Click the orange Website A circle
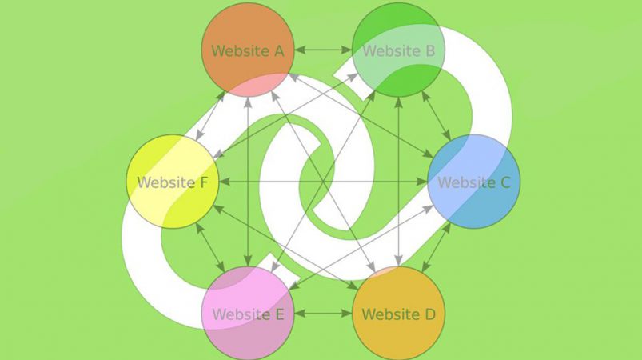[x=248, y=50]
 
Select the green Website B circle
[x=398, y=50]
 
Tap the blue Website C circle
[x=474, y=182]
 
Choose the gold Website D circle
[x=398, y=314]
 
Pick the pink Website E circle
[x=248, y=314]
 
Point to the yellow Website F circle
[x=173, y=182]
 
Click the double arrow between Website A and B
[x=323, y=50]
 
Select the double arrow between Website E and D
[x=323, y=314]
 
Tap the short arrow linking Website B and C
[x=436, y=116]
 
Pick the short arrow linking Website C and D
[x=436, y=247]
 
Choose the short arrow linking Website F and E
[x=210, y=247]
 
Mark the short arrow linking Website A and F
[x=210, y=116]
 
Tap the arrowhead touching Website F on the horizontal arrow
[x=225, y=182]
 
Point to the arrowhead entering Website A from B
[x=300, y=50]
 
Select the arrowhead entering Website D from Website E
[x=346, y=314]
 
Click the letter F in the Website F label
[x=204, y=182]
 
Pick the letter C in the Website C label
[x=504, y=182]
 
